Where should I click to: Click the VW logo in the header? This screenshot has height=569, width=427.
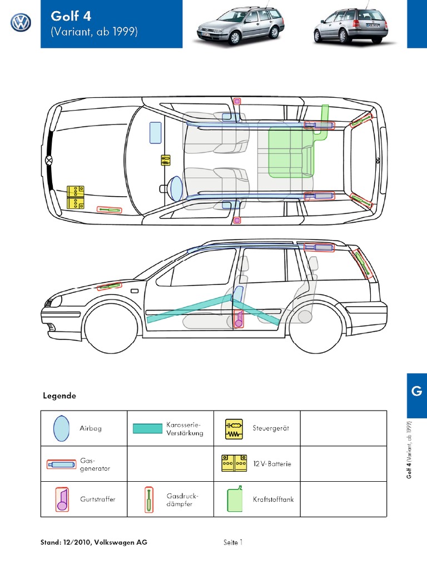tap(21, 23)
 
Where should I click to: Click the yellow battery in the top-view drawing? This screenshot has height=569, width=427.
tap(75, 197)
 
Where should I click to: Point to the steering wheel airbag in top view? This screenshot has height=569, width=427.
tap(175, 188)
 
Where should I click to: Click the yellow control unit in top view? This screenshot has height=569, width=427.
tap(166, 161)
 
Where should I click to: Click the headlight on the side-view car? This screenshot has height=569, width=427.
tap(54, 302)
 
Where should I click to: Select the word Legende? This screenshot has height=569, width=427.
tap(59, 396)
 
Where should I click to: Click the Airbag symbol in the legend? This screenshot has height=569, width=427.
tap(61, 428)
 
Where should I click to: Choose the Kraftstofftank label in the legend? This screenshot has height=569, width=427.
tap(273, 499)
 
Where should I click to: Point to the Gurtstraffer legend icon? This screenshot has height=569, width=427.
tap(61, 499)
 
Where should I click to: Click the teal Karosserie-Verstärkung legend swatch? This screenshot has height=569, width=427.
tap(147, 428)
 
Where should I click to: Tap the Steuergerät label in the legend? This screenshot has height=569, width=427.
tap(271, 428)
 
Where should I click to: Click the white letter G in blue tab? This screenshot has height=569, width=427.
tap(416, 391)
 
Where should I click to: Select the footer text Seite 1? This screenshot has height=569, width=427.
tap(233, 542)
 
